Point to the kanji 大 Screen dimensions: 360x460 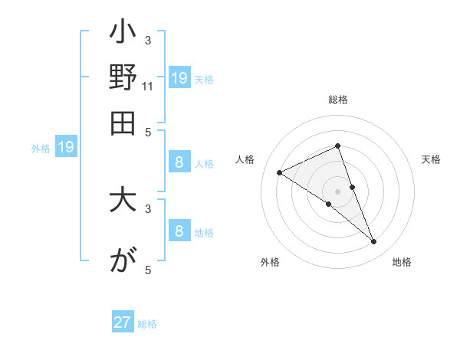click(123, 201)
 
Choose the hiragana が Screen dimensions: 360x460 click(123, 260)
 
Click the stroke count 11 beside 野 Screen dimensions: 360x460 click(148, 87)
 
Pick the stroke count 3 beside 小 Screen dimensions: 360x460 click(148, 41)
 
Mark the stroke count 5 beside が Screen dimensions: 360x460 click(148, 270)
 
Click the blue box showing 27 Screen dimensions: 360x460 click(123, 322)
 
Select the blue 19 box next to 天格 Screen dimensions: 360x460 click(179, 78)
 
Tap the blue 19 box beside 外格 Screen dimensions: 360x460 click(66, 148)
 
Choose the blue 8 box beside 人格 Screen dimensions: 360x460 click(179, 162)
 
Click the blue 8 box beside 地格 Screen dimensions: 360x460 click(179, 232)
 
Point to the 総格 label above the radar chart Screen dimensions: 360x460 click(337, 100)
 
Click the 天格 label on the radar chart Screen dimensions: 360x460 click(432, 159)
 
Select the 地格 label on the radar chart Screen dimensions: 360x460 click(402, 262)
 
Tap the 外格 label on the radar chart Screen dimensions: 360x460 click(270, 262)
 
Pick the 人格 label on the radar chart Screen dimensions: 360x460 click(245, 159)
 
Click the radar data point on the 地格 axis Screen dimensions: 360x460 click(374, 242)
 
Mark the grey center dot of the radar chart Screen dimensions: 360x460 click(337, 191)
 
